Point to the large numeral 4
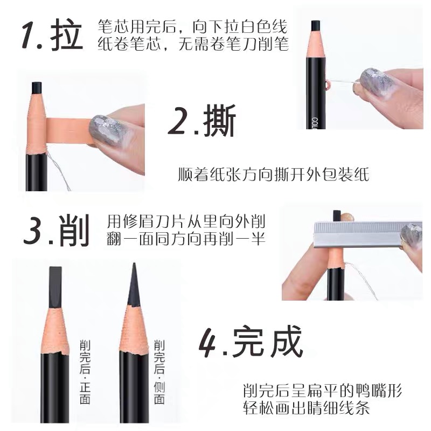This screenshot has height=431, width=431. click(211, 340)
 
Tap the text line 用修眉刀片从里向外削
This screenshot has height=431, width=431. click(186, 221)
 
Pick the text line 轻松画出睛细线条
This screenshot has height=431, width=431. click(307, 408)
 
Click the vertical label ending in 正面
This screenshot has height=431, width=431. click(85, 372)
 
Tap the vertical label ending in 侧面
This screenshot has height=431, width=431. click(159, 372)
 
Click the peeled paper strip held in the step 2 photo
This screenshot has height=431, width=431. click(67, 130)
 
